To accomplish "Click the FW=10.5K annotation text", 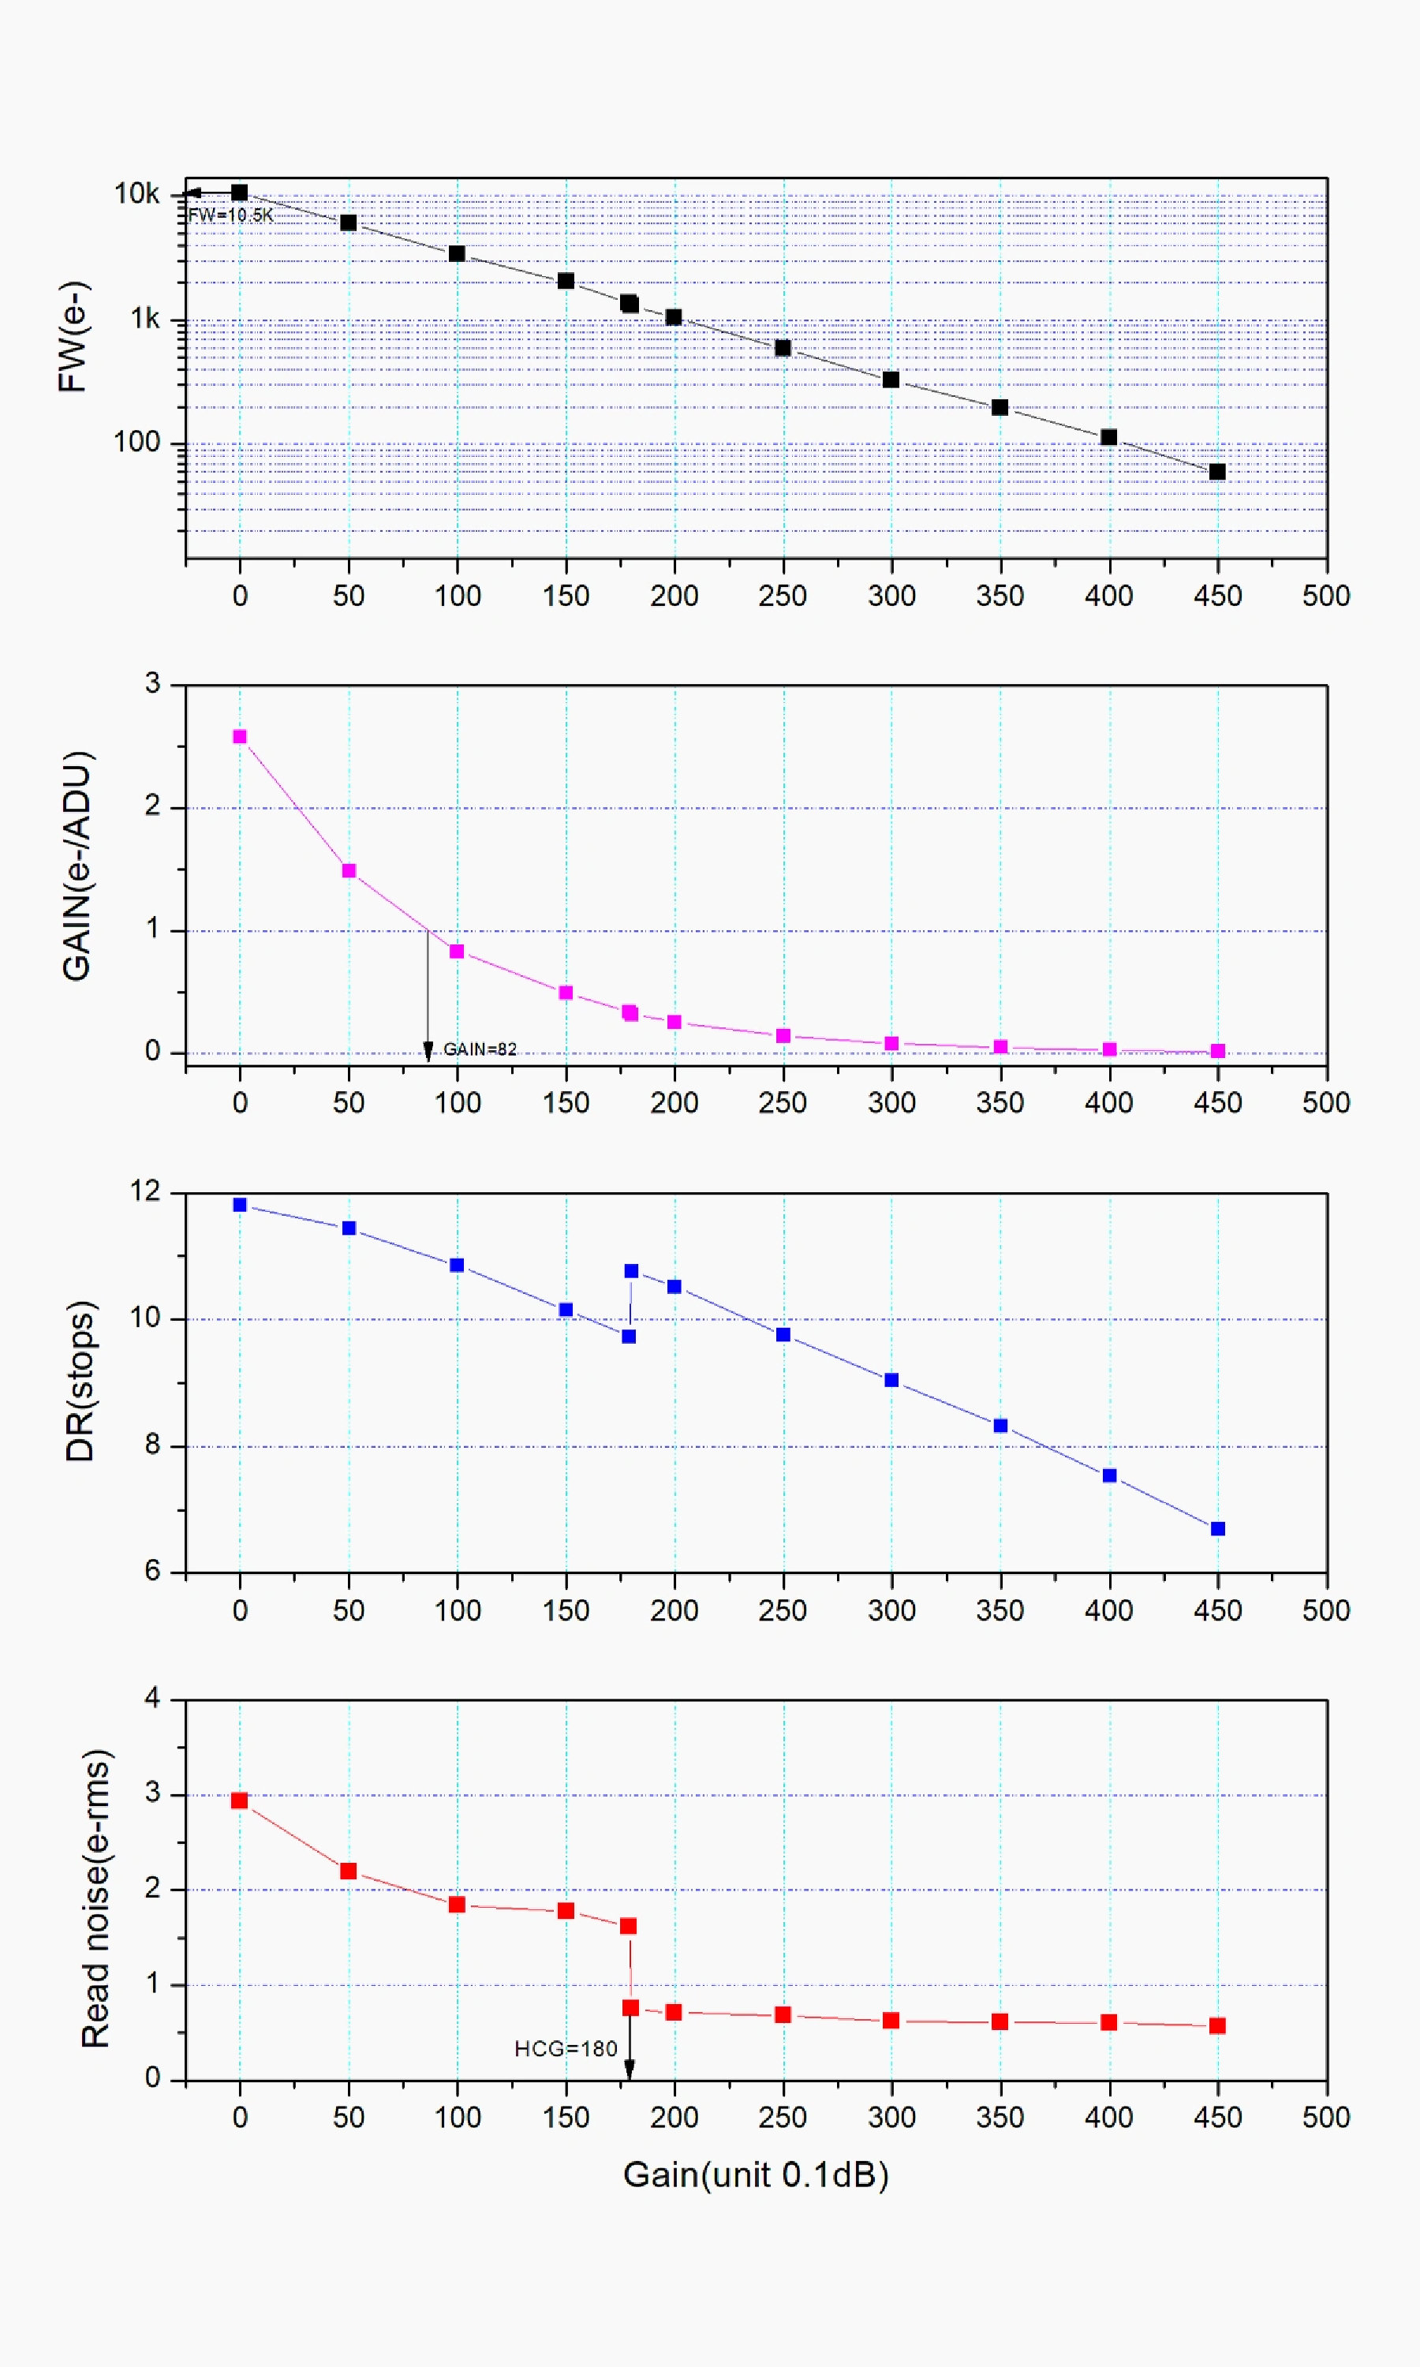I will pyautogui.click(x=230, y=215).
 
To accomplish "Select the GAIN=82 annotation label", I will pyautogui.click(x=480, y=1049).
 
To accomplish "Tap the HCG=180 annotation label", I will pyautogui.click(x=566, y=2048).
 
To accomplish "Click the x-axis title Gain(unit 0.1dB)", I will pyautogui.click(x=756, y=2174).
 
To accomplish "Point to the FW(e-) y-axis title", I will pyautogui.click(x=73, y=337).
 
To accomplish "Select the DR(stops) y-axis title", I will pyautogui.click(x=80, y=1381).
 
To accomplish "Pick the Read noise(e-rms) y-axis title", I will pyautogui.click(x=95, y=1899).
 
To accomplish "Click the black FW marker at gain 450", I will pyautogui.click(x=1217, y=472).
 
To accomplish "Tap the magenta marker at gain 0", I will pyautogui.click(x=240, y=737).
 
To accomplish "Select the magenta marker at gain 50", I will pyautogui.click(x=349, y=870).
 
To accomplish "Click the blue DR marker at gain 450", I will pyautogui.click(x=1218, y=1529).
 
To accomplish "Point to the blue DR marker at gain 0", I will pyautogui.click(x=240, y=1205).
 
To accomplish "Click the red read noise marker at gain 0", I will pyautogui.click(x=240, y=1800).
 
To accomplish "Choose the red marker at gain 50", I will pyautogui.click(x=349, y=1871).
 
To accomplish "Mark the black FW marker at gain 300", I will pyautogui.click(x=891, y=380).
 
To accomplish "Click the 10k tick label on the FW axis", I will pyautogui.click(x=136, y=194).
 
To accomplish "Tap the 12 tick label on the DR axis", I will pyautogui.click(x=145, y=1191).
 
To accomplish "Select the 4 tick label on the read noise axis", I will pyautogui.click(x=152, y=1698).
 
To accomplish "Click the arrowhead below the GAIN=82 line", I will pyautogui.click(x=428, y=1052).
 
